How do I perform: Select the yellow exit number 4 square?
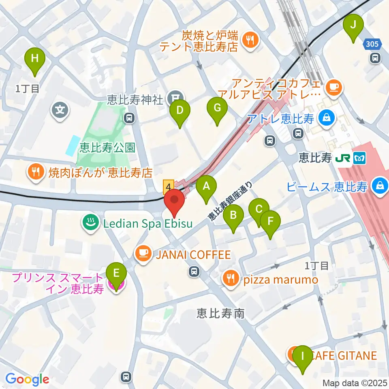168,186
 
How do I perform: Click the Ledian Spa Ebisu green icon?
89,222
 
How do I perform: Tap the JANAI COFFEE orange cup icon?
142,254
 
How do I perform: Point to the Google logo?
27,379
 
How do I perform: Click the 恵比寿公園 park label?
107,147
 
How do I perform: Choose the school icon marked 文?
60,109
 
